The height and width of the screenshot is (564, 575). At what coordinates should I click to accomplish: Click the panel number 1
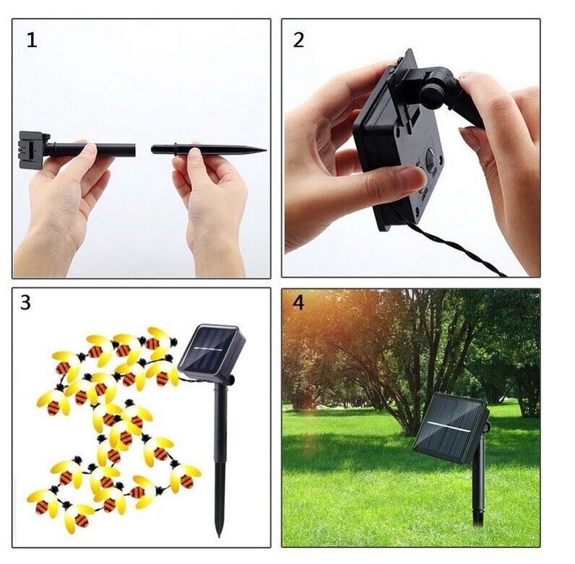pos(32,40)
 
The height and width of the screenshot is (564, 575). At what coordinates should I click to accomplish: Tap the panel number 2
pos(298,40)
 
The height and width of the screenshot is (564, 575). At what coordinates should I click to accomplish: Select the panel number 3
pos(26,303)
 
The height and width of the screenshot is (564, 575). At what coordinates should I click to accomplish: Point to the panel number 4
pos(298,303)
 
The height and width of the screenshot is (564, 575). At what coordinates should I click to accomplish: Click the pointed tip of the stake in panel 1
pos(266,149)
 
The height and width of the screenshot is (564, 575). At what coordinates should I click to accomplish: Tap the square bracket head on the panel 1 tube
pos(33,149)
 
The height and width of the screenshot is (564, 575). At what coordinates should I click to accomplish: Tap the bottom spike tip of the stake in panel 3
pos(220,535)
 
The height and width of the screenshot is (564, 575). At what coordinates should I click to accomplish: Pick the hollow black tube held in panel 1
pos(90,150)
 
